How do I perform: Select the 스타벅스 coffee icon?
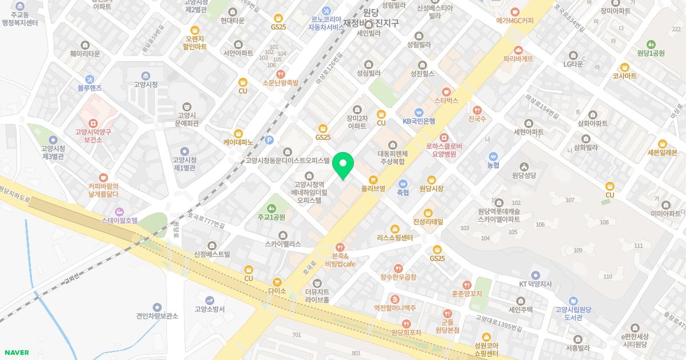[446, 91]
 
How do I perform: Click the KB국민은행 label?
[419, 121]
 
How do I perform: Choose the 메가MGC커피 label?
[515, 21]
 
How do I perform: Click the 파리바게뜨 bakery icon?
[519, 50]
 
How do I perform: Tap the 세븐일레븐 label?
[662, 153]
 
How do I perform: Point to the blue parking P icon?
[270, 140]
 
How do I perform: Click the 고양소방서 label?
[209, 309]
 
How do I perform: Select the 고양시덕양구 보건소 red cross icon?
[93, 123]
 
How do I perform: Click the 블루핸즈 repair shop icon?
[89, 79]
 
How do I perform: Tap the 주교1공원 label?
[271, 217]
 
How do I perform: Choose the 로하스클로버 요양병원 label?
[444, 150]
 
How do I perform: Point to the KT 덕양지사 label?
[536, 284]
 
